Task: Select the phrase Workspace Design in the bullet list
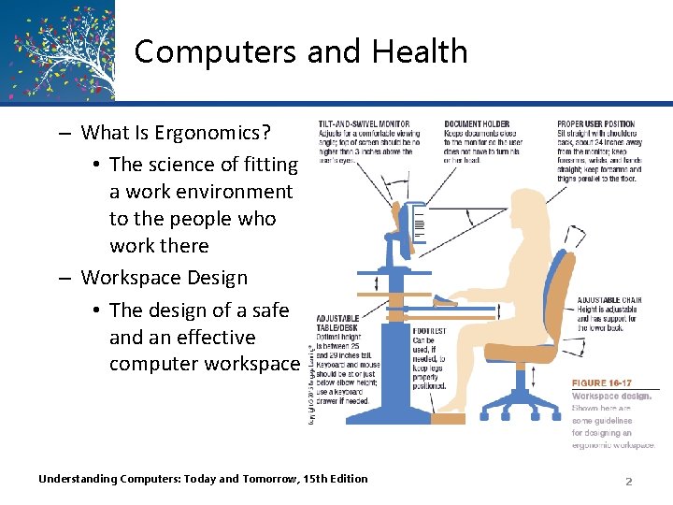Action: pyautogui.click(x=165, y=278)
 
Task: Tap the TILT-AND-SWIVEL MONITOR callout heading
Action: pyautogui.click(x=364, y=124)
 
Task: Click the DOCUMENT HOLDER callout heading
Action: pyautogui.click(x=477, y=124)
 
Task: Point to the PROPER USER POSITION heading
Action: pyautogui.click(x=595, y=124)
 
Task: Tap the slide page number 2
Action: pyautogui.click(x=628, y=481)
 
